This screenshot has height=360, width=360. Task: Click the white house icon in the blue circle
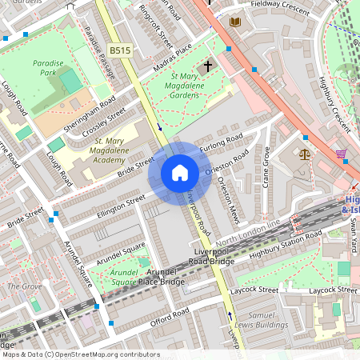[180, 173]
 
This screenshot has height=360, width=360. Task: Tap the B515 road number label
[120, 50]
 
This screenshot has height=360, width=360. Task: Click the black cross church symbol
[209, 66]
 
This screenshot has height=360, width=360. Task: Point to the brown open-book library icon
[234, 22]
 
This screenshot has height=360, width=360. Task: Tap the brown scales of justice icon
[304, 154]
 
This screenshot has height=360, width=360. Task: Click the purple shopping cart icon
[342, 154]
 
